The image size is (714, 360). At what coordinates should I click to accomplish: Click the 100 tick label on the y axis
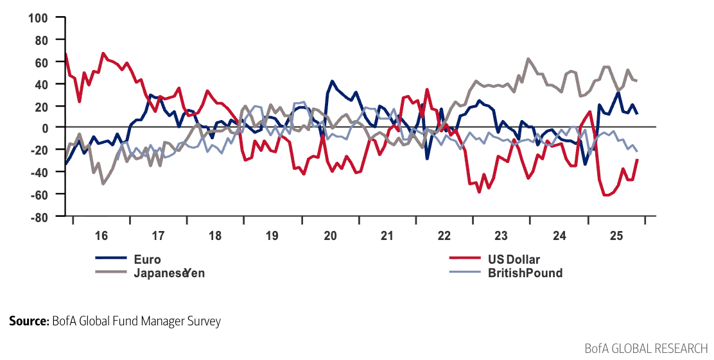click(39, 17)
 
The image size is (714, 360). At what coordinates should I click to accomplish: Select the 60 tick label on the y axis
click(42, 62)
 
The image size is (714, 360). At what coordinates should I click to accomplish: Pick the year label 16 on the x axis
click(101, 236)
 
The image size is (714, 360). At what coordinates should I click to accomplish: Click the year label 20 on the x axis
click(330, 236)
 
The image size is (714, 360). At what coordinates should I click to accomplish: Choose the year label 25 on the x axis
click(616, 236)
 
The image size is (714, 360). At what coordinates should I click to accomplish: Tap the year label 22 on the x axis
click(444, 236)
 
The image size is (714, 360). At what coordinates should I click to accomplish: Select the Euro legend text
click(147, 260)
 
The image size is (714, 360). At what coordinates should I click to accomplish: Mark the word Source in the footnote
click(28, 321)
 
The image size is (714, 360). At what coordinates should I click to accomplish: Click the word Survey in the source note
click(202, 321)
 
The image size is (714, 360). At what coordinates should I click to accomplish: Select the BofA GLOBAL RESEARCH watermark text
click(646, 348)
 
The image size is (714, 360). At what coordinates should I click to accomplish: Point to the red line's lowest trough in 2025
click(606, 195)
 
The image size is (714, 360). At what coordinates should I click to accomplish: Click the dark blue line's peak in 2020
click(332, 81)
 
